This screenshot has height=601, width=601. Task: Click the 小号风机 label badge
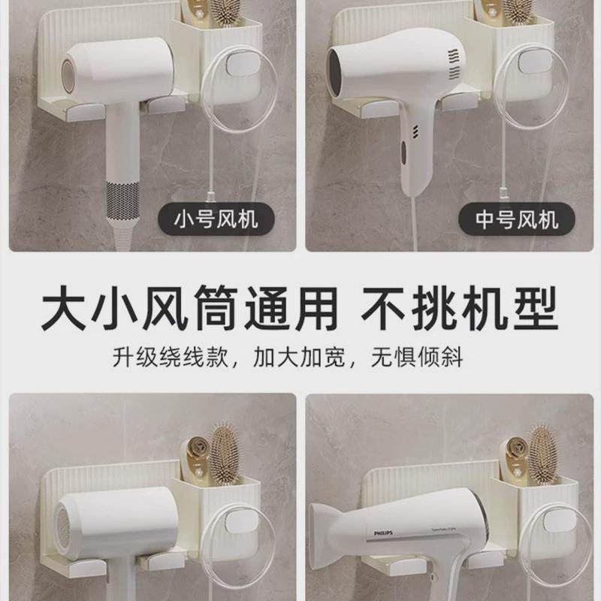216,220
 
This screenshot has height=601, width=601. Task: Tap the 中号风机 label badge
517,220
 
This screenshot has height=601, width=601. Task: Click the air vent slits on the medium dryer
453,65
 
